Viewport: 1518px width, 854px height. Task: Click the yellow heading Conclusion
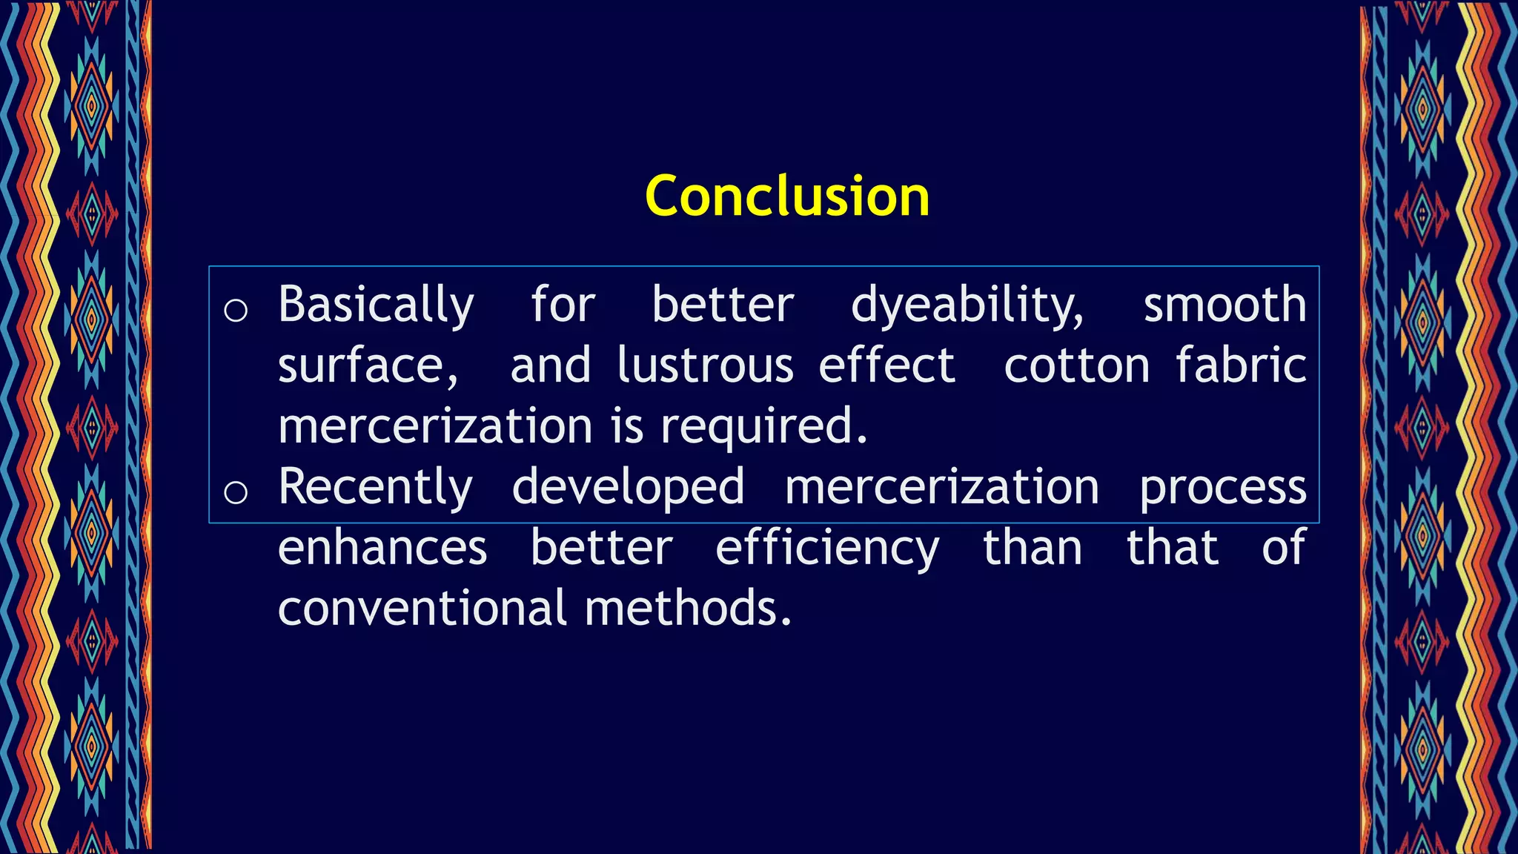787,196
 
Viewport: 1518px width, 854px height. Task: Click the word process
1223,489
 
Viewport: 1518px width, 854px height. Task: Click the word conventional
422,609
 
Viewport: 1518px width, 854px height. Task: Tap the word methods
688,609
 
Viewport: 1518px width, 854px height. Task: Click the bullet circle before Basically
236,310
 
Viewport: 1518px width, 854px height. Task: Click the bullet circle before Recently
236,491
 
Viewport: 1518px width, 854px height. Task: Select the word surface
368,367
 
